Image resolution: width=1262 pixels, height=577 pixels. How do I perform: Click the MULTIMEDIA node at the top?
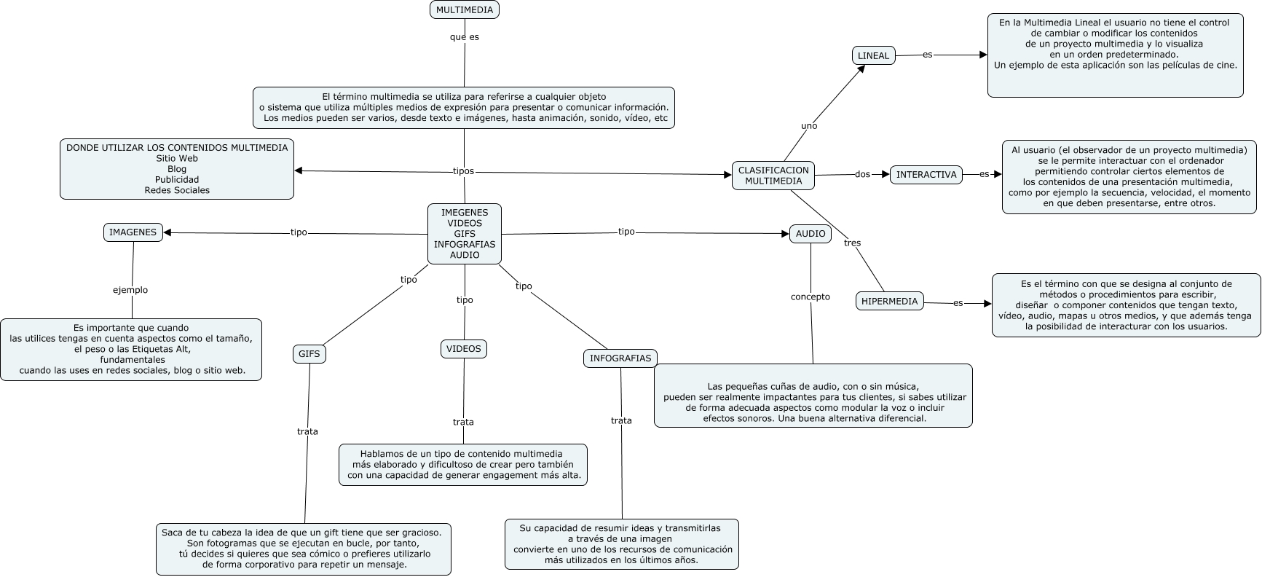(x=464, y=9)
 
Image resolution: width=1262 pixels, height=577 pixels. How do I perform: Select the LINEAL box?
(x=873, y=55)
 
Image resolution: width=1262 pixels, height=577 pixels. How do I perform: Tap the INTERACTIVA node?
(x=926, y=175)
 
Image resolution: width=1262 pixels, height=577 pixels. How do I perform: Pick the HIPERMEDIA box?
(x=889, y=301)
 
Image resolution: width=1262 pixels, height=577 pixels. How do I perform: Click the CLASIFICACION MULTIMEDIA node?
(x=773, y=176)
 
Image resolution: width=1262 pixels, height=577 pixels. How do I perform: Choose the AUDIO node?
(x=810, y=233)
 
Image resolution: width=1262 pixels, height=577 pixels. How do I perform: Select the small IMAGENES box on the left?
(x=133, y=232)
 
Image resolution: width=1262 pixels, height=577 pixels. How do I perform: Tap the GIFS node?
(x=309, y=354)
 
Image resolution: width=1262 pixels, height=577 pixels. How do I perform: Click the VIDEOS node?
(x=464, y=349)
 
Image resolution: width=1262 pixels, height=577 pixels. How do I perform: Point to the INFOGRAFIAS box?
(x=620, y=358)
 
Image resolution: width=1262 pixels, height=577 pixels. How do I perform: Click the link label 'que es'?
(x=464, y=36)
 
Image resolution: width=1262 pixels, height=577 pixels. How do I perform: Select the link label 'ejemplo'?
(x=130, y=290)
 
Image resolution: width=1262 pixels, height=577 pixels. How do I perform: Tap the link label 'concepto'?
(x=810, y=297)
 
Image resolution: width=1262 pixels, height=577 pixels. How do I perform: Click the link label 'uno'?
(x=808, y=125)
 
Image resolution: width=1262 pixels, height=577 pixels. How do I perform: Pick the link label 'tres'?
(x=851, y=243)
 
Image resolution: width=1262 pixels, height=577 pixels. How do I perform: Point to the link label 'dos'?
(x=862, y=174)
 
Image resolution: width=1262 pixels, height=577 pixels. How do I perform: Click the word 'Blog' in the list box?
(x=177, y=169)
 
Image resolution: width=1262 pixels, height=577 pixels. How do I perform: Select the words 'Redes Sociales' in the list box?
(x=177, y=190)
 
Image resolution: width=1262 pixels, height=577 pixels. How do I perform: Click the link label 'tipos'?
(x=463, y=171)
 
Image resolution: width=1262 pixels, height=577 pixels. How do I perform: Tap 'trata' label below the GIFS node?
(x=307, y=431)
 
